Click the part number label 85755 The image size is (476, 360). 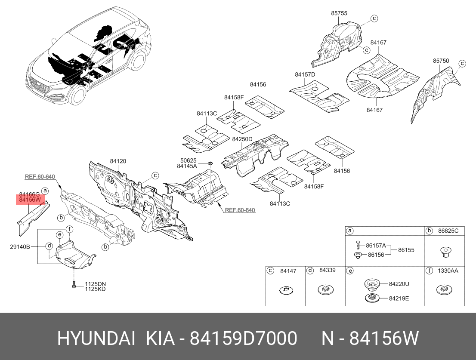coord(339,13)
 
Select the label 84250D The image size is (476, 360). coord(242,139)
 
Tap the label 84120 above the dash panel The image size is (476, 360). coord(118,161)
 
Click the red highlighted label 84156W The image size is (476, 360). coord(30,200)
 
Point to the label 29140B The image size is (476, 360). coord(20,247)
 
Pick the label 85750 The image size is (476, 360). coord(441,61)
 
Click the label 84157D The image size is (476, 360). coord(305,74)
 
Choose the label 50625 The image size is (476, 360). coord(189,160)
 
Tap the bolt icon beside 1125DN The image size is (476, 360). coord(74,284)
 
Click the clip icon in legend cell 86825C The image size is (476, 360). coord(445,252)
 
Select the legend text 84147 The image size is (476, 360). coord(288,271)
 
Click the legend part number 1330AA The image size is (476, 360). coord(448,271)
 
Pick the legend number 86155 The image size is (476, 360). coord(406,250)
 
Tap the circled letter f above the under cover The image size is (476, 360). coord(70,229)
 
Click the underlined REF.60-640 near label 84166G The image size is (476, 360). coord(40,177)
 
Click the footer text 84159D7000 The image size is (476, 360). coord(244,338)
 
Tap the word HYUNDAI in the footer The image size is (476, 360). coord(96,338)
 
